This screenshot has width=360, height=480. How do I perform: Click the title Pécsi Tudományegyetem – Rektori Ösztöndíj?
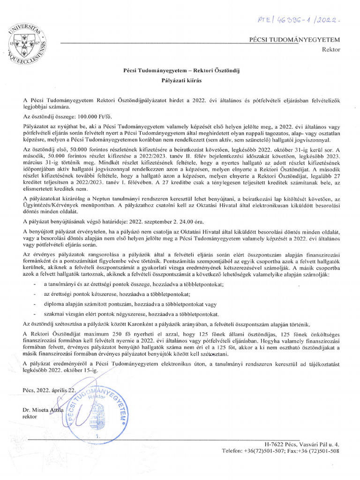click(180, 70)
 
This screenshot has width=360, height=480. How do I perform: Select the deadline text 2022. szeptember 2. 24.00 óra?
click(163, 220)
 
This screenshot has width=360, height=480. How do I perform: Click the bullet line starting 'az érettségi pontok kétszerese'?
click(116, 294)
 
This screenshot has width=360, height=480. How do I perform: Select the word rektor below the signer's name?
click(30, 416)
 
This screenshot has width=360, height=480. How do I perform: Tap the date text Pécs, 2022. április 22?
click(48, 390)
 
